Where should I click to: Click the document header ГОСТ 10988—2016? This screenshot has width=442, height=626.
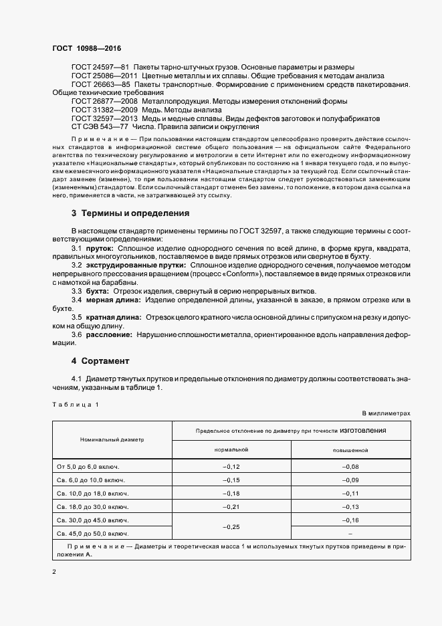[86, 49]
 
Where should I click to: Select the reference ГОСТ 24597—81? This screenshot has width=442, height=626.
[100, 68]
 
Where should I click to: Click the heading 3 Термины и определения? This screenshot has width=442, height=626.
[130, 213]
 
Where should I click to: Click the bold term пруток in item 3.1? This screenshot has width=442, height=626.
[100, 247]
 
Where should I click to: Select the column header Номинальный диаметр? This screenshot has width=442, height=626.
[112, 439]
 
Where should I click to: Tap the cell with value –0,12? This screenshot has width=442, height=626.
[231, 465]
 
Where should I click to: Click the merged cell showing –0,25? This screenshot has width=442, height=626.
[231, 526]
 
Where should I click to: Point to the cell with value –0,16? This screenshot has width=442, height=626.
[350, 520]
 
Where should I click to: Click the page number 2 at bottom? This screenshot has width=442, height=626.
[53, 571]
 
